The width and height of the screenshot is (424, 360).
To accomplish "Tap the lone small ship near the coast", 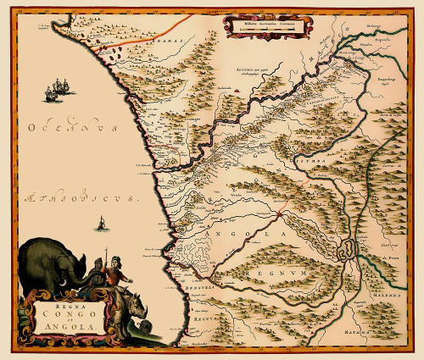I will click(103, 223).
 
